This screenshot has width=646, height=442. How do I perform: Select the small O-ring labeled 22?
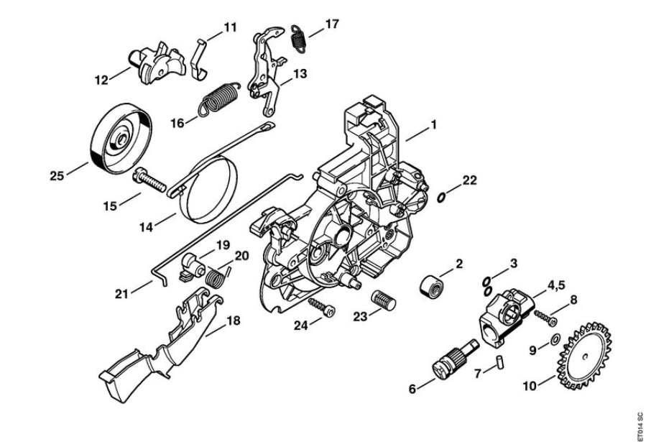click(441, 198)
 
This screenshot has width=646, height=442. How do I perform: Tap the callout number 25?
click(57, 176)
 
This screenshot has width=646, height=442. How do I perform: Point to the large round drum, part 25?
click(120, 138)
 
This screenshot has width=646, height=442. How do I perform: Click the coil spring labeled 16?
click(218, 99)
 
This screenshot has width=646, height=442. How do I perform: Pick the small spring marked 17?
click(299, 38)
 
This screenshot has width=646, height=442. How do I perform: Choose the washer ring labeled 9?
click(555, 340)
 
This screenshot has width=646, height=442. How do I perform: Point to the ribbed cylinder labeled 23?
click(384, 300)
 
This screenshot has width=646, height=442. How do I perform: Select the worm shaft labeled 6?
click(456, 358)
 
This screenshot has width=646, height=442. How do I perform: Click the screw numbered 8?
click(546, 318)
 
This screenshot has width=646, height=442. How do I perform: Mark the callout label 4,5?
click(556, 285)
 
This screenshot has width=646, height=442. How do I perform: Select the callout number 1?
click(433, 124)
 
